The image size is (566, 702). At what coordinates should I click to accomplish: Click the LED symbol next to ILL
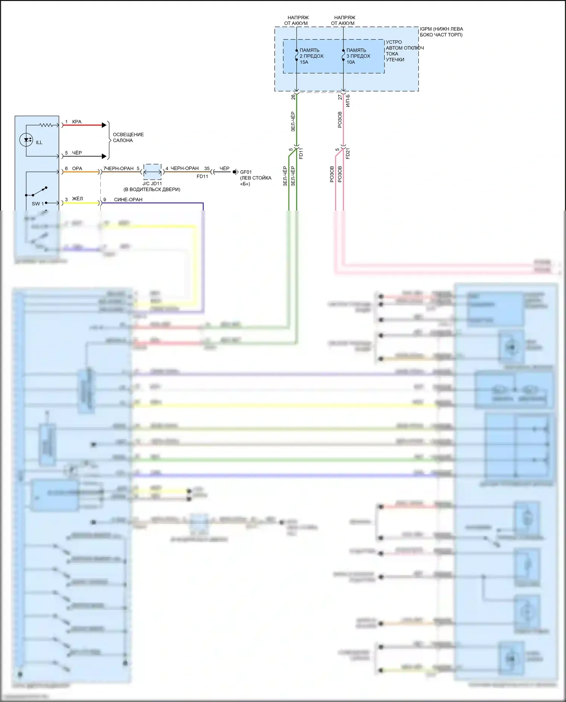point(26,140)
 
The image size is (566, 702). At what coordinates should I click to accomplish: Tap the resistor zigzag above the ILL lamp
point(47,125)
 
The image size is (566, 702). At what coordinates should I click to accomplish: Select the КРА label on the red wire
point(77,122)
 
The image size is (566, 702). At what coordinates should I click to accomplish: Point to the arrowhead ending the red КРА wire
point(104,125)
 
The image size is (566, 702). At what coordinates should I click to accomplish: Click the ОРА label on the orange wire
point(77,169)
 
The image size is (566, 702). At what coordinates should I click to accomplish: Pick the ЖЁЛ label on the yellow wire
point(77,199)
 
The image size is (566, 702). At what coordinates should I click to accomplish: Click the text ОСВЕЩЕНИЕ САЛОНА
point(128,137)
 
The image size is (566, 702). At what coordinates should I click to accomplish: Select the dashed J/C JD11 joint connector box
point(152,172)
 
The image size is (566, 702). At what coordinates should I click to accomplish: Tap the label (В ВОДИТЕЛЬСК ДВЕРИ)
point(152,189)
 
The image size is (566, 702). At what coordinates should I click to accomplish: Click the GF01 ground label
point(246,172)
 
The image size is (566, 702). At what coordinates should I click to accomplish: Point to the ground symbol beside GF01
point(235,172)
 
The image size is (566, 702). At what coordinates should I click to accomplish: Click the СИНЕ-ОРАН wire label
point(128,200)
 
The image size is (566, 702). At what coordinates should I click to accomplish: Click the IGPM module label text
point(441,32)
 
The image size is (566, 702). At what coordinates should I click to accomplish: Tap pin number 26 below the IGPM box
point(293,97)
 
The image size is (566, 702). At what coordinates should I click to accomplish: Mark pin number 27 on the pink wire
point(340,97)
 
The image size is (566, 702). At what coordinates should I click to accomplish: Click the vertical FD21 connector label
point(348,154)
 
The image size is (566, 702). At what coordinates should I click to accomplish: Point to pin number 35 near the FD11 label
point(207,169)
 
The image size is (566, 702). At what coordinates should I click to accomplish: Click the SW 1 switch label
point(37,204)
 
